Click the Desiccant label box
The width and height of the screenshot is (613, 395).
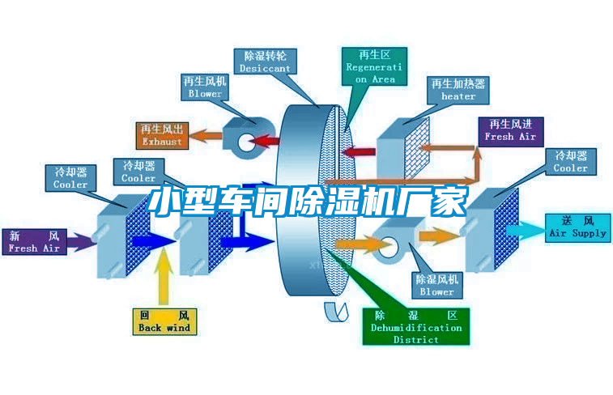coord(265,62)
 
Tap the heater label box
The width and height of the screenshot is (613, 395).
coord(458,89)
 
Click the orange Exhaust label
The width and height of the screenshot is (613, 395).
coord(162,134)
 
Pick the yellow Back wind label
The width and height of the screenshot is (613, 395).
coord(164,321)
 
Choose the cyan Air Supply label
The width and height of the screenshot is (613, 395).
coord(577,227)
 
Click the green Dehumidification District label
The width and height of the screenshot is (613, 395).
coord(416,326)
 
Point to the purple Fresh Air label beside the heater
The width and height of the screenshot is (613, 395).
coord(510,130)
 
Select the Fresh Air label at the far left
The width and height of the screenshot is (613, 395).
coord(35,242)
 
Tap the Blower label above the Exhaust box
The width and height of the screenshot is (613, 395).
coord(205,87)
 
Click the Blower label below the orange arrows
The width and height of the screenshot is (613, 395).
coord(436,284)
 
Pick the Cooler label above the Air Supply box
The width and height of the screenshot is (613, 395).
coord(571,162)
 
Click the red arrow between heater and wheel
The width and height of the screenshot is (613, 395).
coord(361,151)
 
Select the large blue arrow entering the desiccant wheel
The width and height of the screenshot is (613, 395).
coord(248,240)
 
